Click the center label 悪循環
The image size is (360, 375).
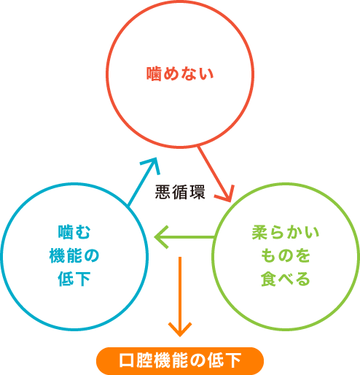pyautogui.click(x=180, y=193)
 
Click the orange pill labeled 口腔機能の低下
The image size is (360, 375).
pyautogui.click(x=180, y=360)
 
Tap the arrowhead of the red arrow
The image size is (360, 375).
pyautogui.click(x=227, y=196)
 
